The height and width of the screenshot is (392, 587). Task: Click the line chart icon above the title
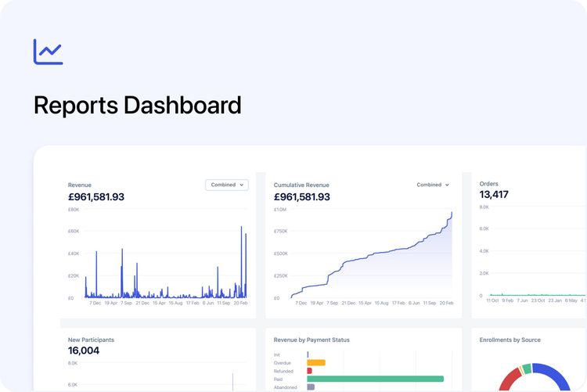point(48,52)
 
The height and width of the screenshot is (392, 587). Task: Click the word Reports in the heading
point(74,105)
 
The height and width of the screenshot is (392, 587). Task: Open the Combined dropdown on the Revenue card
point(226,185)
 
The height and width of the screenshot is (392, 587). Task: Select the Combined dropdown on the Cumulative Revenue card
point(433,185)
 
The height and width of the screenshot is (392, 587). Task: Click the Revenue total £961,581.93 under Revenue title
point(96,197)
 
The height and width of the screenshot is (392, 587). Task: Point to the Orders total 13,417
point(494,195)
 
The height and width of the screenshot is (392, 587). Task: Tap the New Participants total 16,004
point(84,351)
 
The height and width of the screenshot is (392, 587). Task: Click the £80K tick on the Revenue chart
point(74,210)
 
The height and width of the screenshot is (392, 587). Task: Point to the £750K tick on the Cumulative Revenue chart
point(280,232)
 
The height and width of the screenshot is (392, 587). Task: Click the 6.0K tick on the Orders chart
point(484,229)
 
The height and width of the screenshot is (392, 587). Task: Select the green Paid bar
point(375,379)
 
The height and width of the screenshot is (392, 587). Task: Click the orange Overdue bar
point(316,362)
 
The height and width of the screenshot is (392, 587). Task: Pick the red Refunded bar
point(310,371)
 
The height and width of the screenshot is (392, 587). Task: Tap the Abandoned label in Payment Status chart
point(285,387)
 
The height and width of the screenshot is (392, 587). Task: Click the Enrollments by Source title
point(510,340)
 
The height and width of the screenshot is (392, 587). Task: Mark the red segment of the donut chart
point(509,379)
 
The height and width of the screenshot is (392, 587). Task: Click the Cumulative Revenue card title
point(301,185)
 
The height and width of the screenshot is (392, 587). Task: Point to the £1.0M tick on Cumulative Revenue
point(280,210)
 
